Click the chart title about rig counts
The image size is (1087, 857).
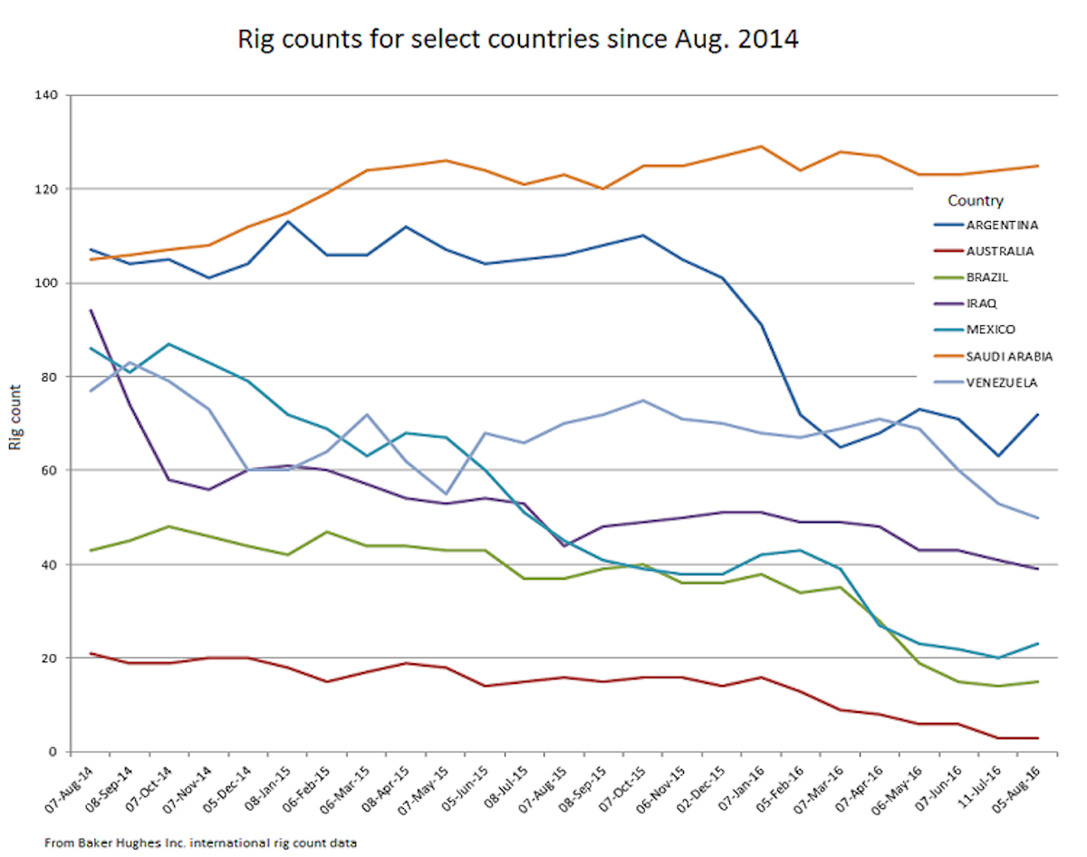tap(518, 40)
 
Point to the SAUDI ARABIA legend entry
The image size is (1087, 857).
tap(982, 356)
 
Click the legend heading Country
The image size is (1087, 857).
tap(975, 200)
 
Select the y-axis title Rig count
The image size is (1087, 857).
tap(14, 424)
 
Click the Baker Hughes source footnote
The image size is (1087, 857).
tap(200, 843)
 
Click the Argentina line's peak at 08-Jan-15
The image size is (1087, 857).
tap(288, 221)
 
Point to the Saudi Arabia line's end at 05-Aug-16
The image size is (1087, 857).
tap(1038, 166)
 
